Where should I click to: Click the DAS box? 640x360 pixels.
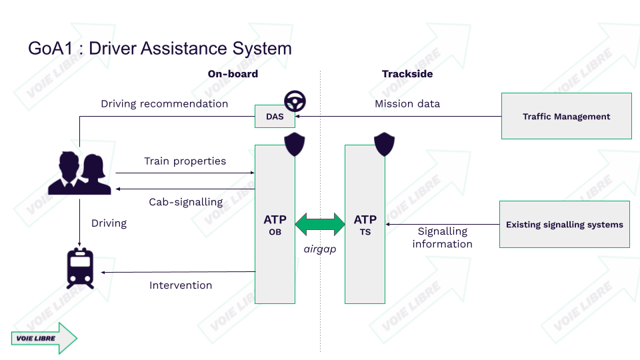pos(275,117)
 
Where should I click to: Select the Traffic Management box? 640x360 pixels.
pos(566,116)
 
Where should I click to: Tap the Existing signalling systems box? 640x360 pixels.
pos(564,225)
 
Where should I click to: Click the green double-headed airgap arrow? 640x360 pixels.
pos(319,224)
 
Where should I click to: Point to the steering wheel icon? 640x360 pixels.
pos(295,101)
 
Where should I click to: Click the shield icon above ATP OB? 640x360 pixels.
pos(294,144)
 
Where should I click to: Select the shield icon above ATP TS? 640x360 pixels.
pos(384,144)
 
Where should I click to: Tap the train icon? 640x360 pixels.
pos(80,268)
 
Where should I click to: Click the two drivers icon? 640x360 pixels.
pos(84,173)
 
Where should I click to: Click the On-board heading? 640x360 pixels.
pos(233,74)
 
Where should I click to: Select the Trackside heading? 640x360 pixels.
pos(407,74)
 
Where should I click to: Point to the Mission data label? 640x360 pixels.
pos(407,103)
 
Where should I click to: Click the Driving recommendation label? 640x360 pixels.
pos(164,103)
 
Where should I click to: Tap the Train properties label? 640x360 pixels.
pos(185,161)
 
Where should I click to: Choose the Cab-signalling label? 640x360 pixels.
pos(185,202)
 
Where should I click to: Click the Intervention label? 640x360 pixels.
pos(181,285)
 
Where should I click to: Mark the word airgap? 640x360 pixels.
pos(319,249)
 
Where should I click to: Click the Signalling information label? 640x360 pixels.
pos(442,237)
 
